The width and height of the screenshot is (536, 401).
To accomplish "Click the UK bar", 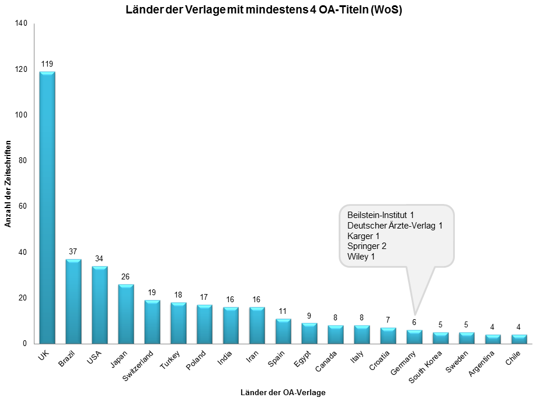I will (x=47, y=208).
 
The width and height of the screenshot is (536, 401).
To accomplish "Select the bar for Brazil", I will (x=74, y=301).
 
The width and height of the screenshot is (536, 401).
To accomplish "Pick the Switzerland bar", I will (x=152, y=322).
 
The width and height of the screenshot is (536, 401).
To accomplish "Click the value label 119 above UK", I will (x=47, y=63).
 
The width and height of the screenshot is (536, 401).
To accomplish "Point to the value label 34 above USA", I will (x=100, y=258).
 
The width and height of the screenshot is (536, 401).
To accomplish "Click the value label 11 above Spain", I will (x=283, y=310).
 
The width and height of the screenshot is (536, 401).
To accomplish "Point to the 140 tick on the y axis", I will (x=22, y=23).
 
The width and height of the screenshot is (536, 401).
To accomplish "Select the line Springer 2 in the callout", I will (x=367, y=246).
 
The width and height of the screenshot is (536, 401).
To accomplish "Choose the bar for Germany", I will (x=414, y=337).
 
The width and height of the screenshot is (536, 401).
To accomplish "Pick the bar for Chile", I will (x=519, y=339).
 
